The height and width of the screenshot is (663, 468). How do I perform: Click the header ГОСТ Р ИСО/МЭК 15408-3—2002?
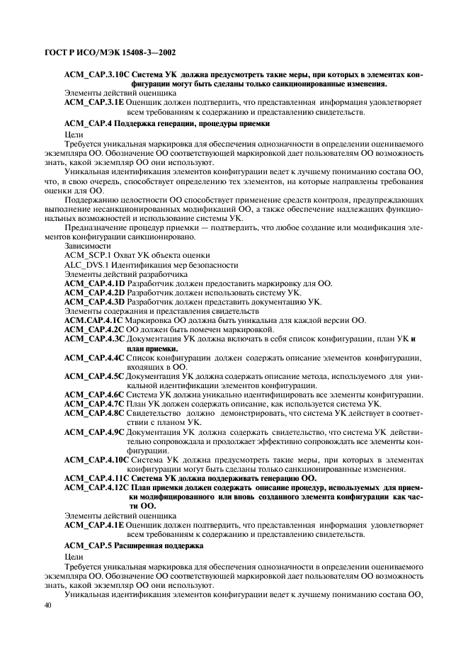pos(110,52)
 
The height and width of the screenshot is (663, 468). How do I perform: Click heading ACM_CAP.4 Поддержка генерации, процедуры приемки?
pos(166,123)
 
